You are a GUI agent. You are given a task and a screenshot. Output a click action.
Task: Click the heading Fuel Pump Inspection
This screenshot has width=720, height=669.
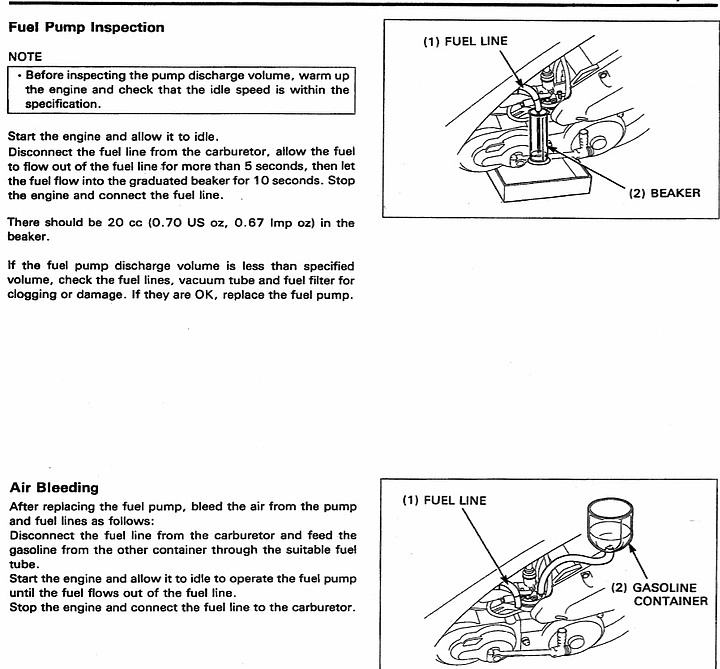[x=86, y=27]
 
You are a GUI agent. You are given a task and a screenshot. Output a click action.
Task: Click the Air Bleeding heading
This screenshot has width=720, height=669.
[x=54, y=488]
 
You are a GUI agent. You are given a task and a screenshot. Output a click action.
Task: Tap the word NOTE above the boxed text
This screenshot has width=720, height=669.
[x=25, y=57]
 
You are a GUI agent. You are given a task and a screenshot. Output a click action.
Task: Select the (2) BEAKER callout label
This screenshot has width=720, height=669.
[x=665, y=193]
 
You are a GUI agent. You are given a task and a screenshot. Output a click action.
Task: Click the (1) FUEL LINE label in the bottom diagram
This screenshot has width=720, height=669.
[x=444, y=500]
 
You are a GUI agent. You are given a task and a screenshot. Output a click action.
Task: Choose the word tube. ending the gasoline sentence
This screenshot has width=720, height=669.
[x=24, y=563]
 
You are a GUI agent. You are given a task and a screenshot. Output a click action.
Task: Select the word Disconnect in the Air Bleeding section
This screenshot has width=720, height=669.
[x=39, y=535]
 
